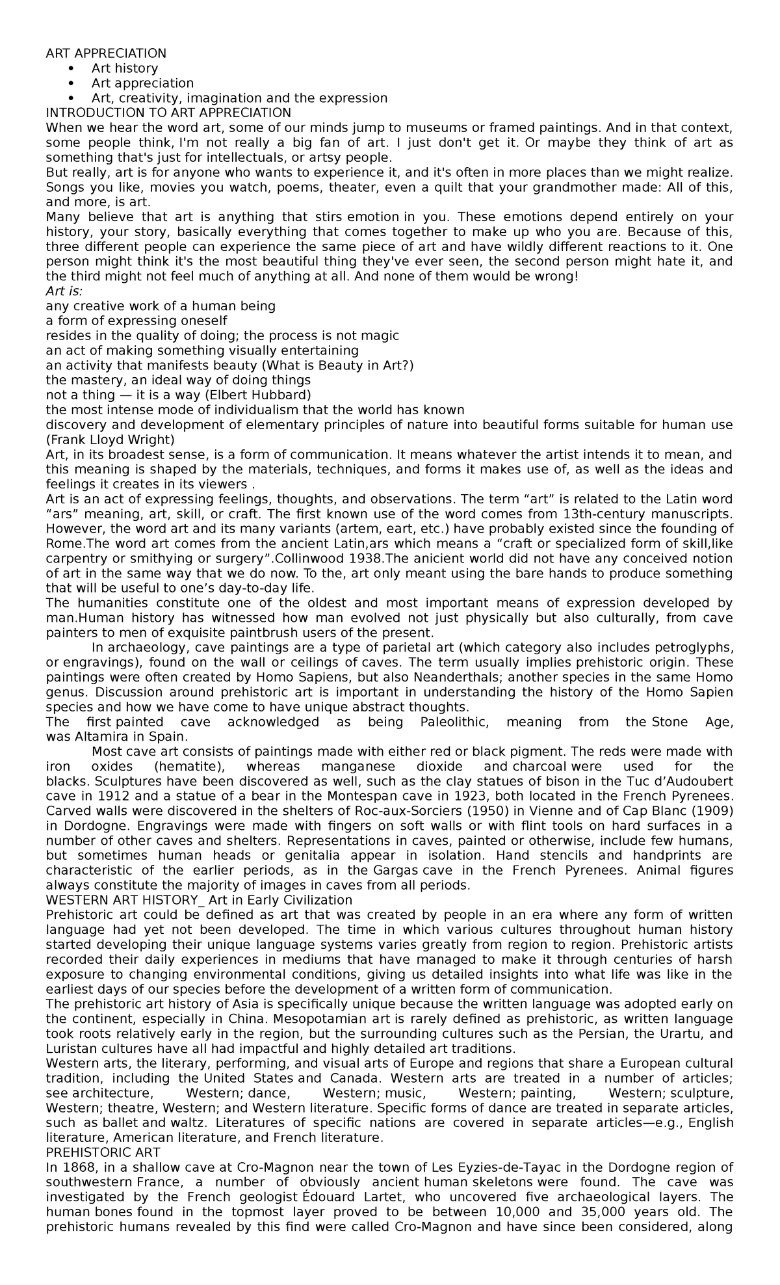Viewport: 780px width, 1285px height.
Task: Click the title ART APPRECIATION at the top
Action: tap(106, 53)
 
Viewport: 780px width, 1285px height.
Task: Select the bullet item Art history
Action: tap(124, 68)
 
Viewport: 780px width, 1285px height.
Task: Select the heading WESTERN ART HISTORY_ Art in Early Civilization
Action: tap(198, 900)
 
